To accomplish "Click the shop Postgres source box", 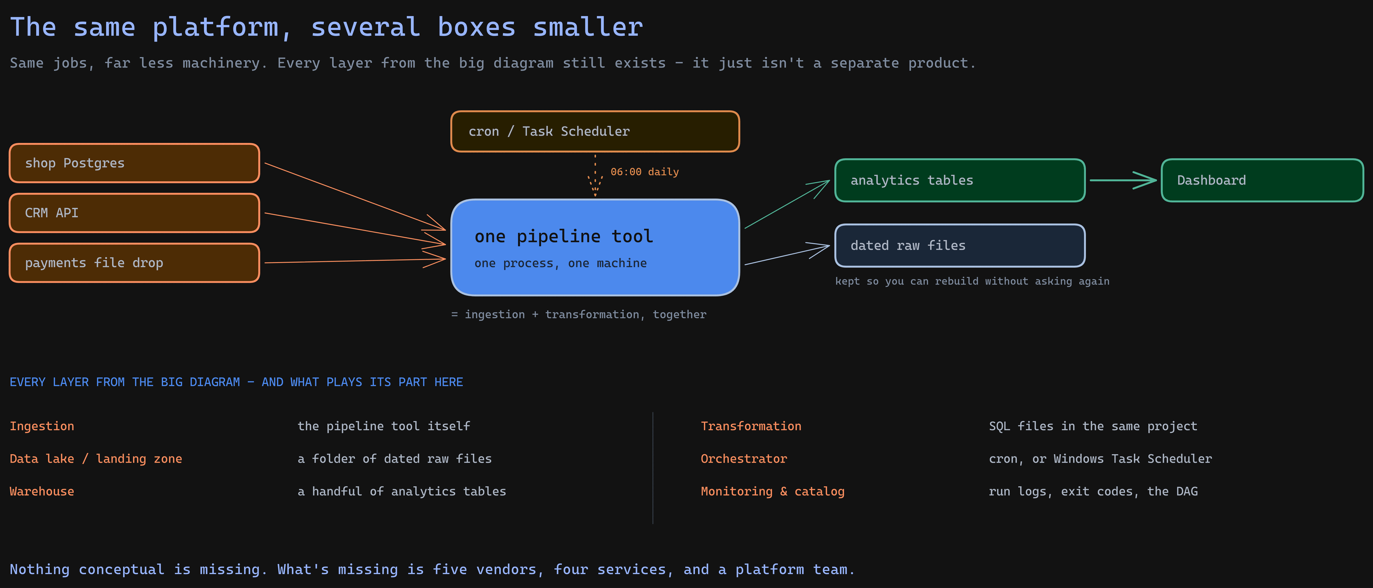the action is coord(134,163).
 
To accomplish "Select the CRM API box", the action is coord(134,213).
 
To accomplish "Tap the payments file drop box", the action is coord(134,263).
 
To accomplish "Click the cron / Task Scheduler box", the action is coord(595,131).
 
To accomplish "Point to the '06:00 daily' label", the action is coord(645,172).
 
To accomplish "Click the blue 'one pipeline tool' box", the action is coord(595,248).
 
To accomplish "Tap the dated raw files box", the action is coord(960,245).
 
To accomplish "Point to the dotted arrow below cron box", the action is coord(595,176).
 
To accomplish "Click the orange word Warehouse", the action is coord(42,492).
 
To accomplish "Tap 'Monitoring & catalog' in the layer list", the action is coord(772,492).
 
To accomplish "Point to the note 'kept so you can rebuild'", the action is coord(972,281).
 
